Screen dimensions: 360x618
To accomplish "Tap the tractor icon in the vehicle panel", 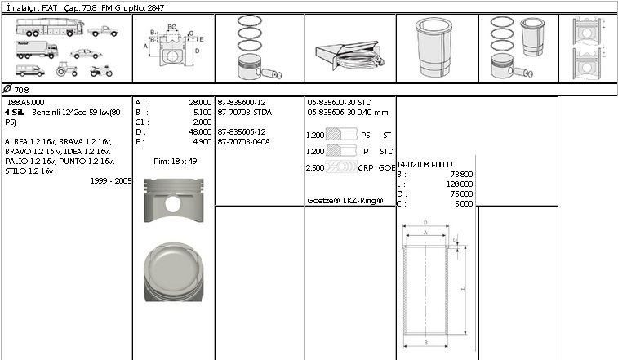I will (66, 70).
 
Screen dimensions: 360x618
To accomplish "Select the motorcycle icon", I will (101, 70).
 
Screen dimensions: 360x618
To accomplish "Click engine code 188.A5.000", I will (25, 103).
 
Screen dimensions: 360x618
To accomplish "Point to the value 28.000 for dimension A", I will (199, 103).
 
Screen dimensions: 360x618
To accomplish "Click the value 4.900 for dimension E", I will (201, 141).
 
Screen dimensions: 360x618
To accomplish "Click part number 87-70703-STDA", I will (245, 112).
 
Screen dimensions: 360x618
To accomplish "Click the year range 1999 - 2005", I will (111, 180).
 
